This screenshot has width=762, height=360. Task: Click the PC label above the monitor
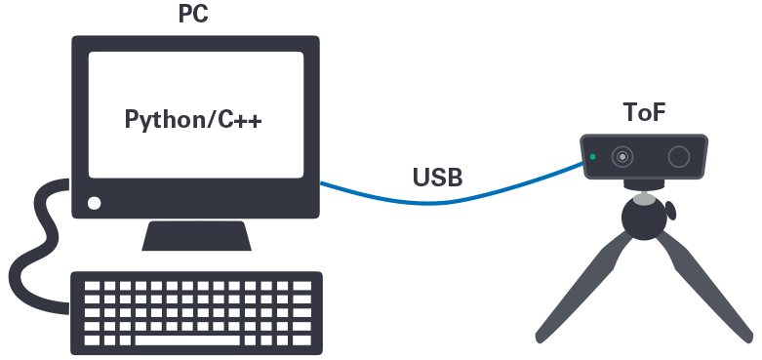point(194,15)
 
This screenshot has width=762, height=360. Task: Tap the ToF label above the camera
point(645,112)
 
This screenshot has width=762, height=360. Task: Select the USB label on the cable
point(437,178)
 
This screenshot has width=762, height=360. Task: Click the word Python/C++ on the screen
point(194,120)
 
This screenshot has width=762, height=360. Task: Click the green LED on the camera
point(592,156)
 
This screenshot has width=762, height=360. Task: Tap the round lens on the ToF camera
point(622,156)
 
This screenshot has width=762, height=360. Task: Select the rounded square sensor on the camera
point(679,157)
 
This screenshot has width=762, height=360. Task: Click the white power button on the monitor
point(95,204)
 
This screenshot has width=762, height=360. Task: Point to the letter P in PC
point(186,15)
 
